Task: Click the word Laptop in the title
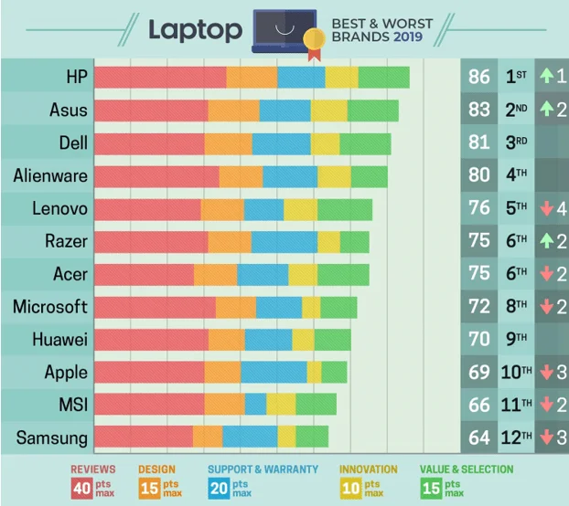196,29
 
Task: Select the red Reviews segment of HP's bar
160,77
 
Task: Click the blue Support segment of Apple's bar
274,372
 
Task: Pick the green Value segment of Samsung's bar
312,437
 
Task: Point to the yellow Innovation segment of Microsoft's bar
311,307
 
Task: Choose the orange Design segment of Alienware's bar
241,175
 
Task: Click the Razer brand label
66,241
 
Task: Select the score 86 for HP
479,77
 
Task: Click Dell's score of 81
479,142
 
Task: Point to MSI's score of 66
479,405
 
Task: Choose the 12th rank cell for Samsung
516,437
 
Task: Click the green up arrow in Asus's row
545,110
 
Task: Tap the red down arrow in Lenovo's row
545,209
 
